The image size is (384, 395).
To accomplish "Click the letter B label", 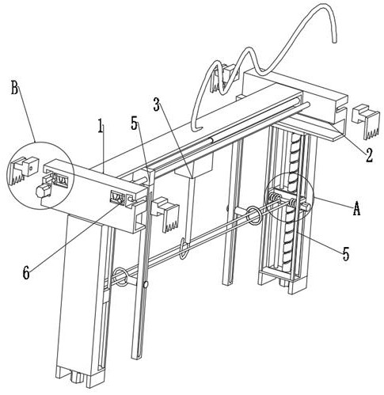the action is click(15, 88).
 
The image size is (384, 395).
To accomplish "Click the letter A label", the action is click(356, 208).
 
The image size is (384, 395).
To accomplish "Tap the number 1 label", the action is click(101, 126).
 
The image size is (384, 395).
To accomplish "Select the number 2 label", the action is click(369, 155).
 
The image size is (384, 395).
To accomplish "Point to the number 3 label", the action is click(157, 104).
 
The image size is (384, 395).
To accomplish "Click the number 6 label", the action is click(26, 273).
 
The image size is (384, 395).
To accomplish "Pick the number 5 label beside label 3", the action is click(135, 123).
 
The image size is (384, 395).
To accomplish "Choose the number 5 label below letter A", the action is click(346, 254).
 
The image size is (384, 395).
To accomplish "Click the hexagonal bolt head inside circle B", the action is click(43, 191).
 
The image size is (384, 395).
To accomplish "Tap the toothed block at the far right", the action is click(367, 121).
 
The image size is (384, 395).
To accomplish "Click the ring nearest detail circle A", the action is click(254, 215).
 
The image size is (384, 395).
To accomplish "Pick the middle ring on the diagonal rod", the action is click(184, 248).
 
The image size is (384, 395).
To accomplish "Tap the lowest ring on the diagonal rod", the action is click(121, 277).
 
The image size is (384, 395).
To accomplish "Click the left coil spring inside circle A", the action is click(275, 197).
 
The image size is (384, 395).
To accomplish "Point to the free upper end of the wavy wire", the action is click(335, 41).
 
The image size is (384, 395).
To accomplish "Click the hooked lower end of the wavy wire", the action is click(197, 129).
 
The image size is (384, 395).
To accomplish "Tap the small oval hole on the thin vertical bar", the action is click(145, 284).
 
